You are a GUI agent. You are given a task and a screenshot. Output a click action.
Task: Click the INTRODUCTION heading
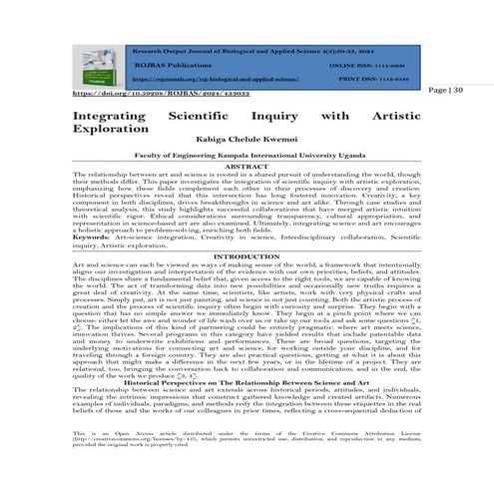(247, 256)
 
